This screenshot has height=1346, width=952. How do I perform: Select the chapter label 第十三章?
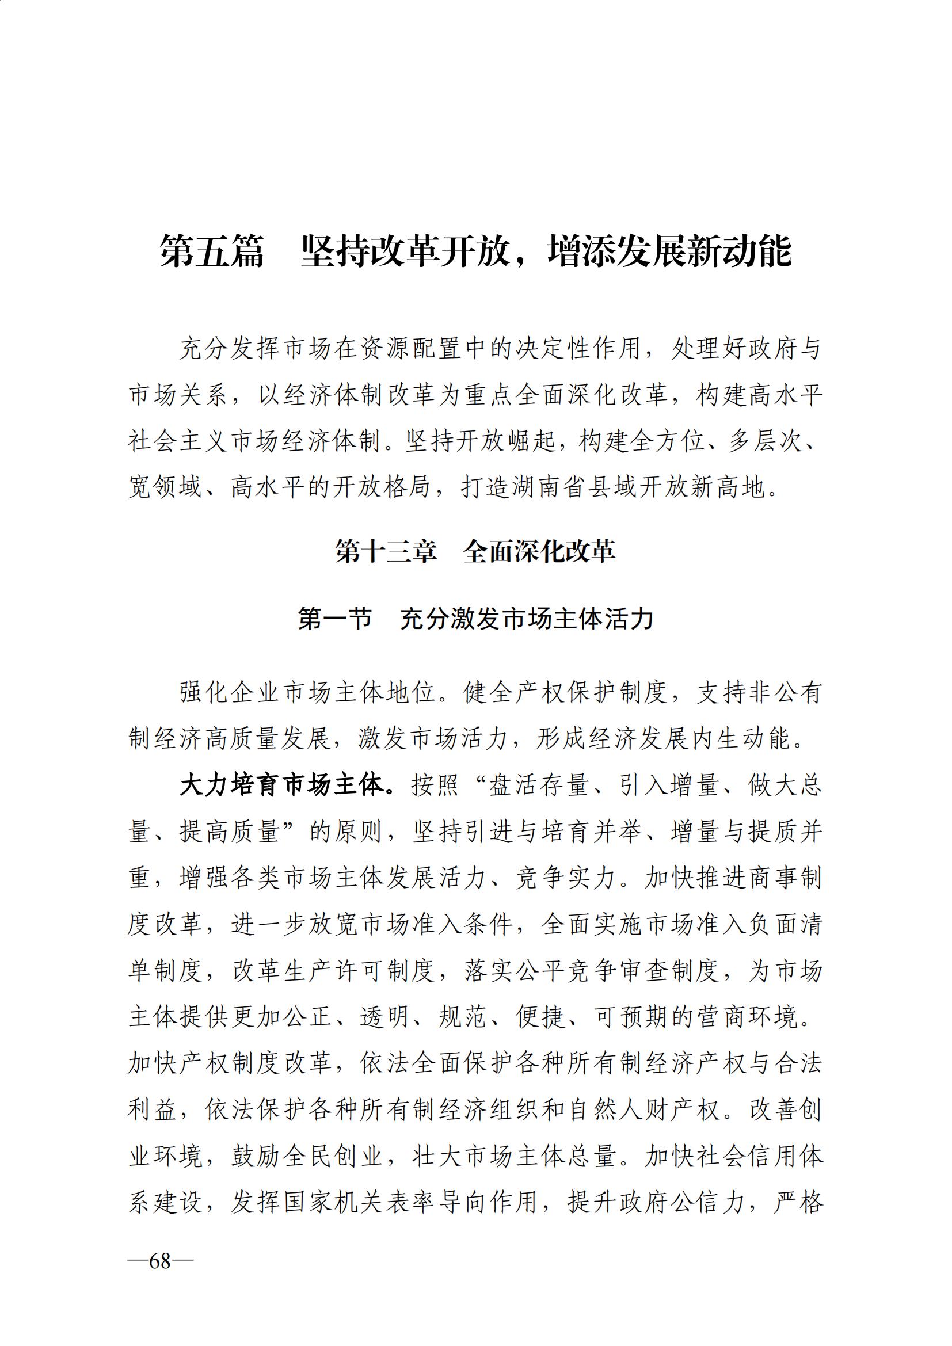click(x=386, y=552)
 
